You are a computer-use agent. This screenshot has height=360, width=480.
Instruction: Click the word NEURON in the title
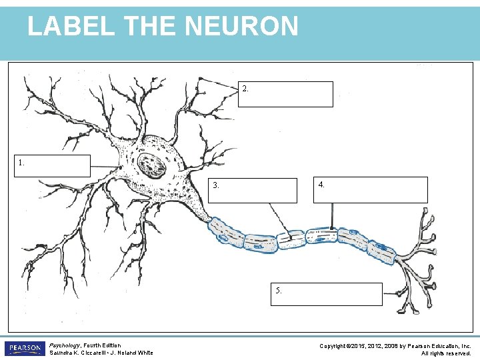coord(241,26)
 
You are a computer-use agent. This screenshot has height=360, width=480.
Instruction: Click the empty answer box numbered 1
coord(53,166)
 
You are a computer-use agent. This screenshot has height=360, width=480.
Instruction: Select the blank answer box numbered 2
coord(285,94)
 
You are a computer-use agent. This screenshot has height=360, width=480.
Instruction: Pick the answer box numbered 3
coord(253,191)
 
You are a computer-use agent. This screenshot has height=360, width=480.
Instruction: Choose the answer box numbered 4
coord(371,190)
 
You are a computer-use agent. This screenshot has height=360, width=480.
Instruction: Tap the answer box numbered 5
coord(327,294)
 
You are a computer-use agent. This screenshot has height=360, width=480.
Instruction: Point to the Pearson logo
coord(25,349)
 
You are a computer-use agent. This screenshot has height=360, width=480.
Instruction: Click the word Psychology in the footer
coord(64,345)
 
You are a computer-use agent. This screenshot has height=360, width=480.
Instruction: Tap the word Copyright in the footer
coord(333,346)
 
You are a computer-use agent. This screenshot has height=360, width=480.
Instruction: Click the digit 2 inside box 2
coord(245,89)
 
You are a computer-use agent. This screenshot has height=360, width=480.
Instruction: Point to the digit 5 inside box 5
coord(277,290)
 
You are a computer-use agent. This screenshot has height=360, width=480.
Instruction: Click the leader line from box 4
coord(332,216)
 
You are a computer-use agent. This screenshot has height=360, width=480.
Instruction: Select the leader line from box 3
coord(280,220)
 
